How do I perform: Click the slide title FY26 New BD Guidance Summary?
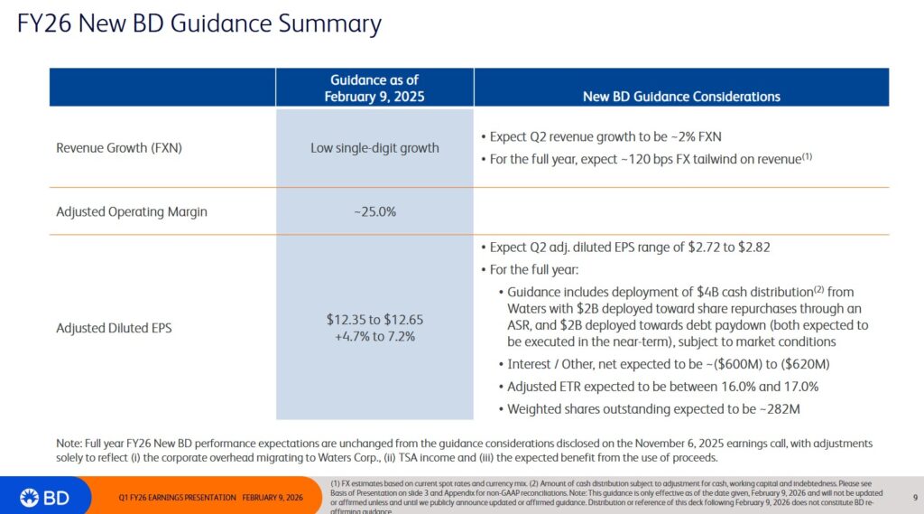(199, 23)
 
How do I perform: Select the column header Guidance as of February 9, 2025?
(374, 88)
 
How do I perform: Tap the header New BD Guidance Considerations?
(681, 96)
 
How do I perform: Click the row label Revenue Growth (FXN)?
(119, 147)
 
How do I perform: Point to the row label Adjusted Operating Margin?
(132, 212)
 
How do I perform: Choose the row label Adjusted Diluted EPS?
(114, 329)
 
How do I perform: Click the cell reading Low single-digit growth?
(374, 147)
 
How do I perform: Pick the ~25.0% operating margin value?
(374, 212)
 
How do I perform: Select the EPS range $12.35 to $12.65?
(374, 320)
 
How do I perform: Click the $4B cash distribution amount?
(707, 292)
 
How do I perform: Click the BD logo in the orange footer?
(42, 496)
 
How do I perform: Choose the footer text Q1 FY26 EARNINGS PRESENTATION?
(177, 498)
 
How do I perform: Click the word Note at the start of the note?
(69, 444)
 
